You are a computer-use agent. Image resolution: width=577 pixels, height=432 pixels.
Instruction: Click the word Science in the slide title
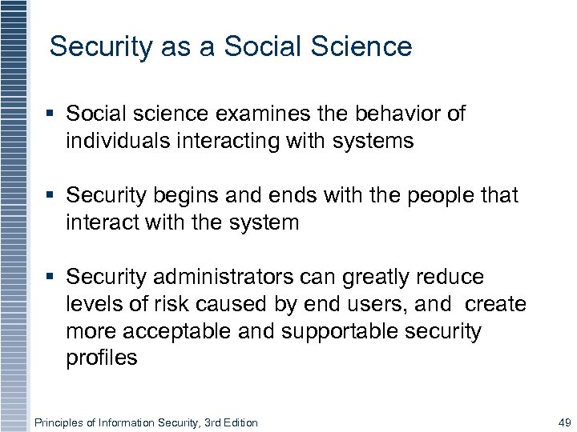[x=367, y=46]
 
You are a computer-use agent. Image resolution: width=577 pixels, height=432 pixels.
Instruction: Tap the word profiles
[x=102, y=358]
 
